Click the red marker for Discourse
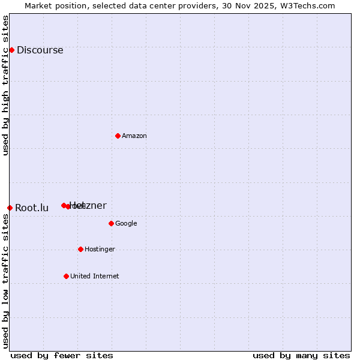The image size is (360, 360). point(11,50)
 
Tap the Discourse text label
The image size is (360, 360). point(40,50)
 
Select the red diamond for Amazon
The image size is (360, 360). point(118,136)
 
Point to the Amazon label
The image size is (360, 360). point(134,136)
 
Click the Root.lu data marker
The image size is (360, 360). point(10,208)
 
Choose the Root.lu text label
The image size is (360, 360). point(32,208)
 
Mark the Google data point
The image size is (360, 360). point(111,223)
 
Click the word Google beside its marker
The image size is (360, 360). point(126,224)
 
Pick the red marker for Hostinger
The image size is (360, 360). point(80,249)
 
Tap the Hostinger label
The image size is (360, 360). point(100,250)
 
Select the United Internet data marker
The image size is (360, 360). point(66,276)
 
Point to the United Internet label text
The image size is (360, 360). point(94,277)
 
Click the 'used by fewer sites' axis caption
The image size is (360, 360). point(62,356)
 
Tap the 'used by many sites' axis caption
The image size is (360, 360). point(301,356)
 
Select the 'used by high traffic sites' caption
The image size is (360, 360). point(6,85)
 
